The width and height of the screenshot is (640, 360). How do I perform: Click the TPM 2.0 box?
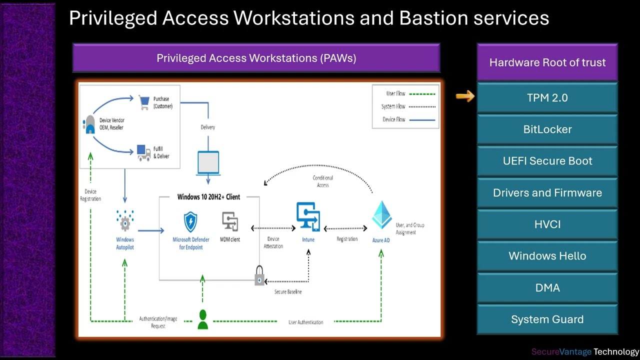[x=547, y=98]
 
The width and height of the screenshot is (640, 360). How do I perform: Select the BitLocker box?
[x=547, y=129]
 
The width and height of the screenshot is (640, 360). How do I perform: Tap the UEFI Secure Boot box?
[x=547, y=161]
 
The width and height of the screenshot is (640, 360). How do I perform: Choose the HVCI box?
[x=547, y=224]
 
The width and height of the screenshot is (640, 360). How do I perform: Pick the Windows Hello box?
[x=547, y=256]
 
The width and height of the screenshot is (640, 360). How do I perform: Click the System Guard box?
[x=547, y=319]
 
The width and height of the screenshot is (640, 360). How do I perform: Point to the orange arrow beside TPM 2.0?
[x=465, y=96]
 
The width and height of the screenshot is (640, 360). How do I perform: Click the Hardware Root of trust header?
[x=547, y=62]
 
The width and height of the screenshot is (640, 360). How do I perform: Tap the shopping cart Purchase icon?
[x=144, y=102]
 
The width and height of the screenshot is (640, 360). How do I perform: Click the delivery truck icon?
[x=144, y=152]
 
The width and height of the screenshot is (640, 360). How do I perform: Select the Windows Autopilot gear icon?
[x=125, y=220]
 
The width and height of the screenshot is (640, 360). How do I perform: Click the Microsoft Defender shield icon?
[x=190, y=221]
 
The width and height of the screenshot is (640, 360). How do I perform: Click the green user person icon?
[x=202, y=320]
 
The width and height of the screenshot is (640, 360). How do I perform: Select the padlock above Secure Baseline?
[x=259, y=275]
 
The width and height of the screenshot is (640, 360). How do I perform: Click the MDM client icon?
[x=230, y=221]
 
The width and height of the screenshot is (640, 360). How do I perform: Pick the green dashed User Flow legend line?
[x=422, y=93]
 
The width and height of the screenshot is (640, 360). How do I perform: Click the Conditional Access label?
[x=322, y=181]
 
